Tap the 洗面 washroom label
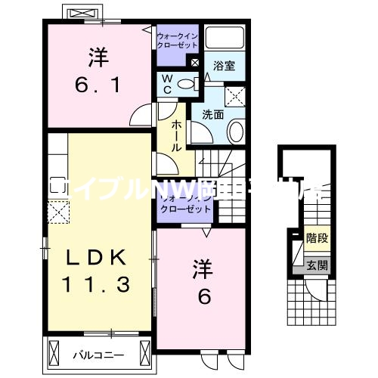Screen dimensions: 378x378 tap(212, 115)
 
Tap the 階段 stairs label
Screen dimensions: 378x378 tap(317, 236)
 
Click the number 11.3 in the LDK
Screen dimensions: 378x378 tap(94, 284)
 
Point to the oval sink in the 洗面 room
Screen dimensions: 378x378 tap(235, 135)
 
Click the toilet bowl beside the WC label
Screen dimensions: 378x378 tap(184, 83)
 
